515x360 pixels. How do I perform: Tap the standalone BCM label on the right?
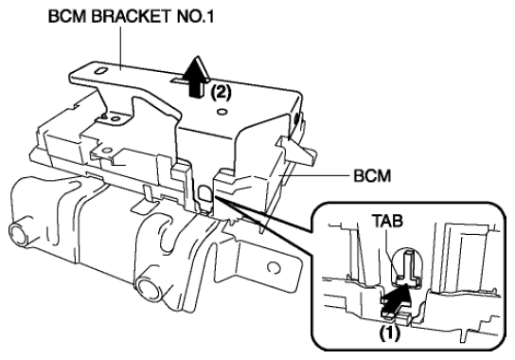pyautogui.click(x=372, y=176)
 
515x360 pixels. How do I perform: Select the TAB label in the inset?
pyautogui.click(x=387, y=221)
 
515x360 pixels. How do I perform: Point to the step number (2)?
pyautogui.click(x=221, y=93)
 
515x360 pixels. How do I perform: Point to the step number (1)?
pyautogui.click(x=390, y=334)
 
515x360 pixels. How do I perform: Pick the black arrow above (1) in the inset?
pyautogui.click(x=396, y=300)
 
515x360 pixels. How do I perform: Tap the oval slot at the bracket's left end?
pyautogui.click(x=100, y=71)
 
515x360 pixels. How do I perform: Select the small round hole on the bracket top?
pyautogui.click(x=222, y=113)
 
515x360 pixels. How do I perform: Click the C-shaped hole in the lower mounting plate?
pyautogui.click(x=274, y=267)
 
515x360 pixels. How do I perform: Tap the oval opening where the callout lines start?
pyautogui.click(x=204, y=192)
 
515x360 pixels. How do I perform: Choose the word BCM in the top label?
pyautogui.click(x=67, y=17)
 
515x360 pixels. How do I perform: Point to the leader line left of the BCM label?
pyautogui.click(x=313, y=176)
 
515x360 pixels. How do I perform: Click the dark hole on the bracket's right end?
pyautogui.click(x=298, y=118)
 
